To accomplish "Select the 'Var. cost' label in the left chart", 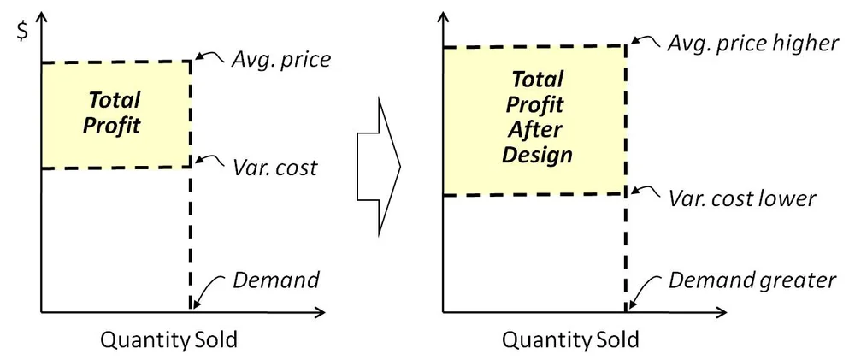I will tap(275, 167).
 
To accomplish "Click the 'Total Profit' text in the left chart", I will tap(114, 113).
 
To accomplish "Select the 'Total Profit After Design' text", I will tap(537, 118).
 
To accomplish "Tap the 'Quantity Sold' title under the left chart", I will tap(169, 339).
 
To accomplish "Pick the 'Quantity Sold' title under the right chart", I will tap(570, 339).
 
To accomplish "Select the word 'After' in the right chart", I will tap(537, 131).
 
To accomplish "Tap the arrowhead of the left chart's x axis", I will tap(320, 310).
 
